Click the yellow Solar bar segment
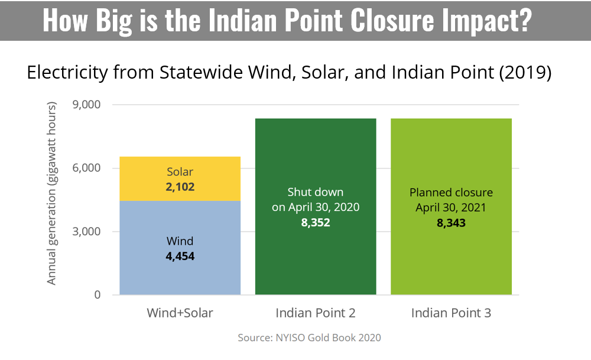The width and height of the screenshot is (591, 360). pos(180,179)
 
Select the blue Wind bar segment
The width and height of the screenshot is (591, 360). pos(180,248)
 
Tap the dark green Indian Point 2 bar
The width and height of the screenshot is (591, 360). pos(316,206)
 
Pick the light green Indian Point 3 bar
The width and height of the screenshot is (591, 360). pos(451,206)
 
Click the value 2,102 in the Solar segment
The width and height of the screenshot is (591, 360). pos(180,187)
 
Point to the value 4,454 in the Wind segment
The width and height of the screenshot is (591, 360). pos(180,257)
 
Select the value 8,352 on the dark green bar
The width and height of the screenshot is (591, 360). pos(316,222)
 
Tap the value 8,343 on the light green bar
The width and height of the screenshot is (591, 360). pos(451,223)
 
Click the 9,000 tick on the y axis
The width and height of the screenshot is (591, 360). pos(86,105)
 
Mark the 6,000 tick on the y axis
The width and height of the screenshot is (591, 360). pos(86,168)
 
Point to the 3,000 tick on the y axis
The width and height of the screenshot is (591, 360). pos(86,231)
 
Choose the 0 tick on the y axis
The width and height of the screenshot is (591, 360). pos(98,294)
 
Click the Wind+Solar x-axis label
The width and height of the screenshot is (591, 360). pos(180,313)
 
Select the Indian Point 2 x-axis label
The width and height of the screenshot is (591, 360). pos(316,313)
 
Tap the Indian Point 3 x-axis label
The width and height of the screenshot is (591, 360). pos(451,313)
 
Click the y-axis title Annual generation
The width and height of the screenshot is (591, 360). pos(51,193)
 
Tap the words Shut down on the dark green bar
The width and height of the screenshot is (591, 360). pos(316,192)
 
